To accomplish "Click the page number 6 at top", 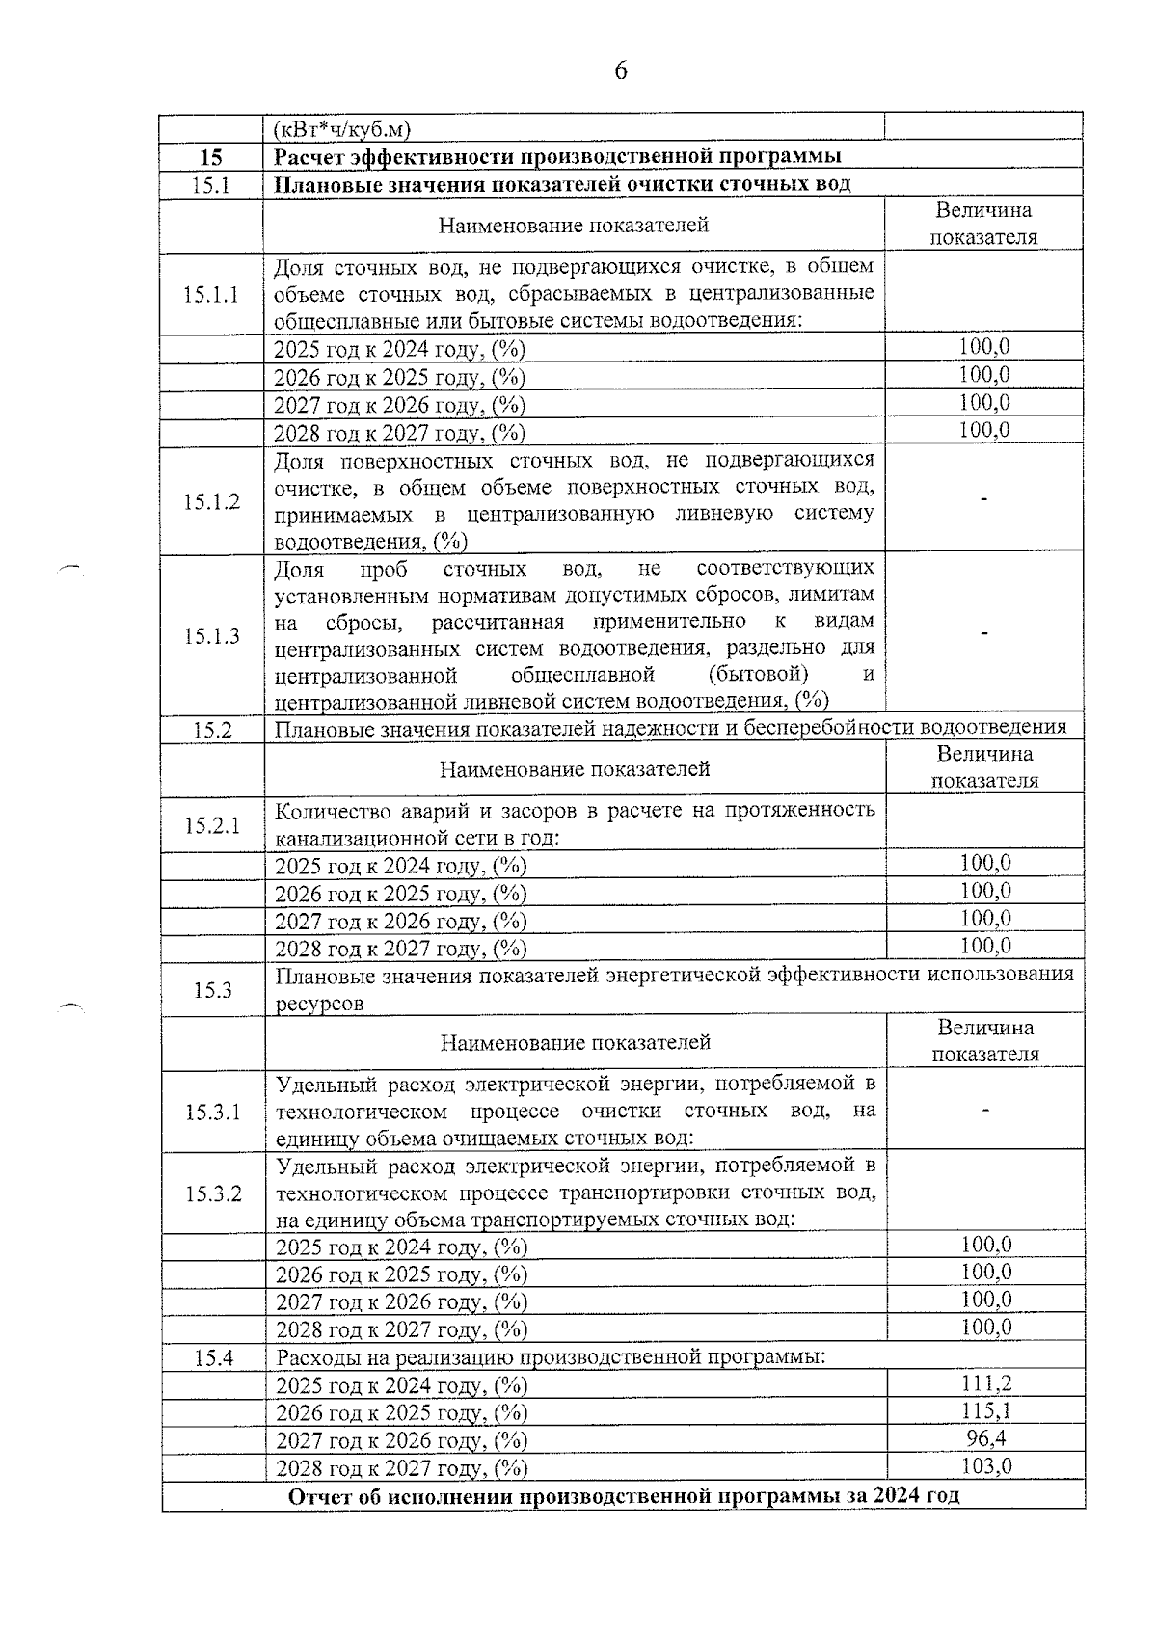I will (x=620, y=70).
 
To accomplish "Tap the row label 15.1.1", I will (x=211, y=294).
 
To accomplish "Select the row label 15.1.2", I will (x=211, y=501).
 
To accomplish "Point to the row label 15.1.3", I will (x=211, y=636).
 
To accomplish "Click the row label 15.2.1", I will (x=212, y=825).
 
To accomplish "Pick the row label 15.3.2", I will (x=213, y=1194).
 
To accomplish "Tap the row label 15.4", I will (x=213, y=1358).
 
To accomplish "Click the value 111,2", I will (x=985, y=1384).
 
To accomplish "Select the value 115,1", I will (x=985, y=1411).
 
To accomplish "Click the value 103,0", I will (x=985, y=1466).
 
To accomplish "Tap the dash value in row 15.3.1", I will (x=984, y=1112).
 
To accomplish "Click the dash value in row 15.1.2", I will (x=983, y=498).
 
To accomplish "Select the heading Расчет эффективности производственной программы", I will (x=557, y=157).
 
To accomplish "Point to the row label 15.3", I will (x=213, y=990).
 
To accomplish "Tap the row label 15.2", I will (x=212, y=730).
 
